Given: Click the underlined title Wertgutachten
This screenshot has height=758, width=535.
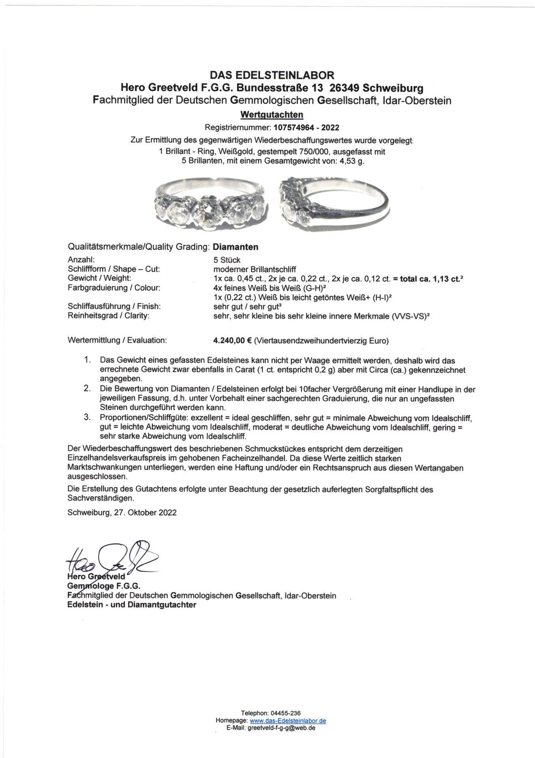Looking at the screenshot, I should (272, 114).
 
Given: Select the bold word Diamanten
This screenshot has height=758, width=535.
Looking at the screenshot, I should (236, 247).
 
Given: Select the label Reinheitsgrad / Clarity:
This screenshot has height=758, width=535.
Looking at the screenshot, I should (109, 315).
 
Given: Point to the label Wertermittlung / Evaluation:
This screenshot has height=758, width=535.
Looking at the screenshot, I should (117, 340).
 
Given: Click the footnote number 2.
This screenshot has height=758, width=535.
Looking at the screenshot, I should (87, 389).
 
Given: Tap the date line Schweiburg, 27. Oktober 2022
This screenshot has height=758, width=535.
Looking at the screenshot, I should (122, 512).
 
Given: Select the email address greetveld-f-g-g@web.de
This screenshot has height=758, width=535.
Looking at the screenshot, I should (281, 728).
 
